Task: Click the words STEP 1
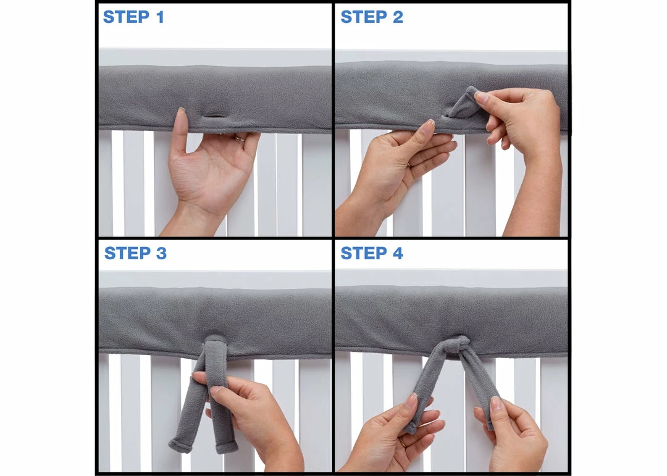pos(133,17)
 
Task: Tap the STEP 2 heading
pos(372,17)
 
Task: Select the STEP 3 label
pos(135,253)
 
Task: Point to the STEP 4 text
pos(372,253)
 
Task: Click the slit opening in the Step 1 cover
pos(214,115)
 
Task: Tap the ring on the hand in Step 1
pos(240,140)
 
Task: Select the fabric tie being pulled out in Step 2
pos(464,105)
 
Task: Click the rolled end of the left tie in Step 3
pos(178,445)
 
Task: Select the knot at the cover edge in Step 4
pos(458,345)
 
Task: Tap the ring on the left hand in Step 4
pos(402,442)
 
